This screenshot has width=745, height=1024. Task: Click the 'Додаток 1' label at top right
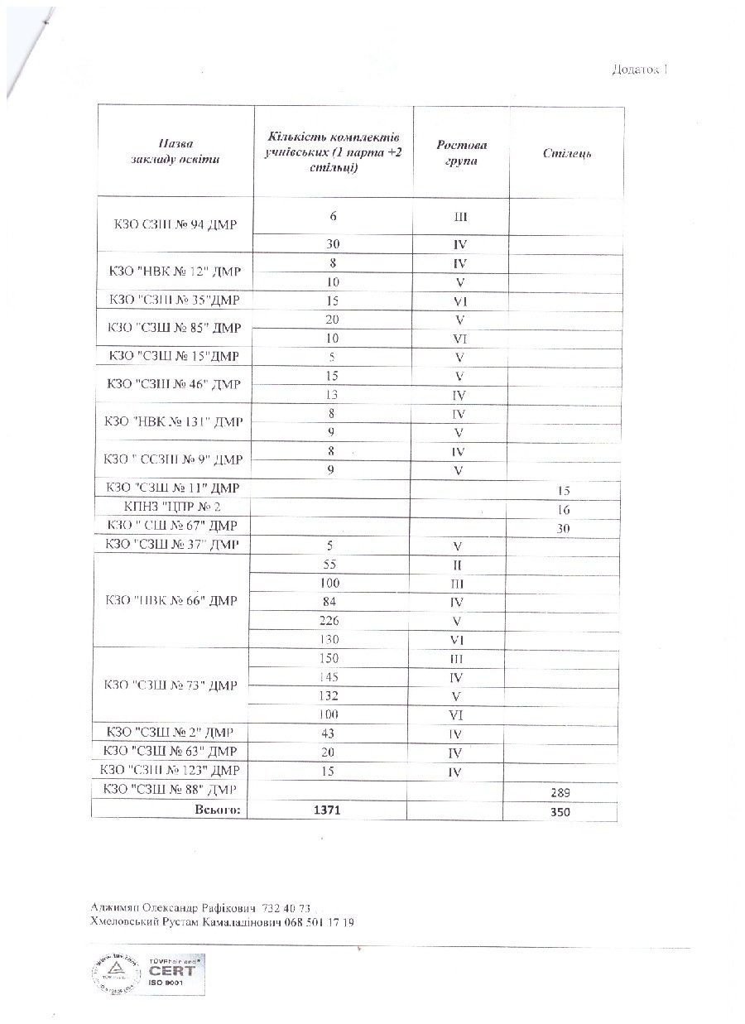[639, 70]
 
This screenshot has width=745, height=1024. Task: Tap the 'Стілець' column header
[567, 154]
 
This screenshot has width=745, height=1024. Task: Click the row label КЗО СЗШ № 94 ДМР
[175, 225]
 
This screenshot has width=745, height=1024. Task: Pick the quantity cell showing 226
[331, 621]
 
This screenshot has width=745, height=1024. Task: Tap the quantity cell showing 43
[329, 733]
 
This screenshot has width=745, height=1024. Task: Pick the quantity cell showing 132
[329, 696]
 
